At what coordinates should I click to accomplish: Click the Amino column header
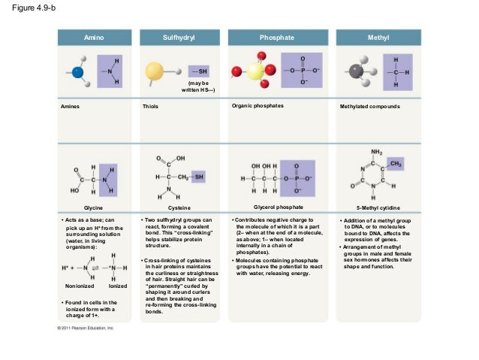(x=94, y=37)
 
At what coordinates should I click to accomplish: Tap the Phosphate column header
(x=277, y=37)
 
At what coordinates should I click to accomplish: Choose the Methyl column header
(x=374, y=37)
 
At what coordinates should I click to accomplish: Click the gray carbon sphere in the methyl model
(x=353, y=72)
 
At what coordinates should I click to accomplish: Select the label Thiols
(x=151, y=107)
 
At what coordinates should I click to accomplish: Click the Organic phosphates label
(x=259, y=106)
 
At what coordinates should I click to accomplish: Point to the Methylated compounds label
(x=370, y=107)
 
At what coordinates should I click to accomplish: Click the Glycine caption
(x=94, y=206)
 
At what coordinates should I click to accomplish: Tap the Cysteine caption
(x=179, y=206)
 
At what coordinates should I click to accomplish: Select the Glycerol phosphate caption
(x=279, y=205)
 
